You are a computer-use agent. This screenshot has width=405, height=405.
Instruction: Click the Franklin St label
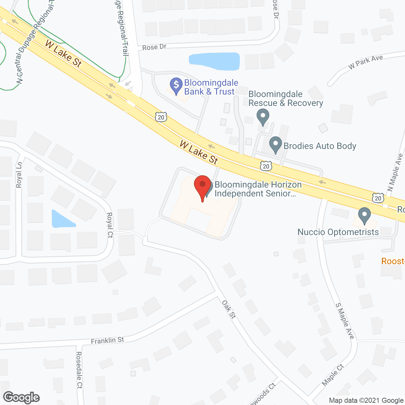[x=107, y=340]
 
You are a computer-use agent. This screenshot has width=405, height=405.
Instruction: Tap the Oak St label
[x=229, y=309]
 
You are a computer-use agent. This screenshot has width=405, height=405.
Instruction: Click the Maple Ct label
[x=333, y=375]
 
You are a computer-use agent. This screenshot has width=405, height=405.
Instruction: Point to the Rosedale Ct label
[x=79, y=370]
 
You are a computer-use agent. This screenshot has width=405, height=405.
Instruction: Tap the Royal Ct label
[x=110, y=225]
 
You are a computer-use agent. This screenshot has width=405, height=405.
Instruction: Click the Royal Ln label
[x=19, y=175]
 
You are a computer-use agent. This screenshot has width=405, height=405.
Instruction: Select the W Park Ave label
[x=365, y=62]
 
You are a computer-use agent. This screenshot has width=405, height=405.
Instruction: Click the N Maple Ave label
[x=395, y=173]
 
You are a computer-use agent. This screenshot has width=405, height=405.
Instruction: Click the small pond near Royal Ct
[x=62, y=220]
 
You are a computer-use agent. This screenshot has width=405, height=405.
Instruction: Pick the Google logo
[x=22, y=397]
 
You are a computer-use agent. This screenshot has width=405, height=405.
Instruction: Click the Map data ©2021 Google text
[x=366, y=401]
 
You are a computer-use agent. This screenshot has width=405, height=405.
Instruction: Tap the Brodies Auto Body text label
[x=320, y=146]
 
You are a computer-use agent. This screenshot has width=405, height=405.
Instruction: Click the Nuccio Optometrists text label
[x=338, y=232]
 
